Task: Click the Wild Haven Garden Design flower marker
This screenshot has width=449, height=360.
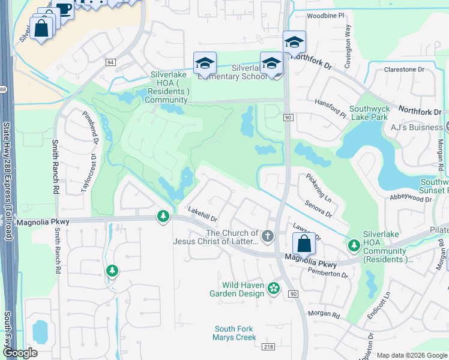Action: [x=274, y=289]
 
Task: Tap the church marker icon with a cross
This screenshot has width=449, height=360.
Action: [x=268, y=236]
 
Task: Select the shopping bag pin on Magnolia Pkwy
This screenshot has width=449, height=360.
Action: [x=304, y=243]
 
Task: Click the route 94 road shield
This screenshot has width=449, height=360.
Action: [x=110, y=62]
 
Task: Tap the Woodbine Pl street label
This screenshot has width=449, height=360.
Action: [x=325, y=14]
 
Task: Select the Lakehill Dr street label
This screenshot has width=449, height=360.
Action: [x=202, y=211]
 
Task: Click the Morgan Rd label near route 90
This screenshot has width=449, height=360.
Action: [x=324, y=314]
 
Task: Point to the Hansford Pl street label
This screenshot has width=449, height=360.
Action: [x=331, y=107]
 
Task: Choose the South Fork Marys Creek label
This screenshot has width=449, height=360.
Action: [x=234, y=333]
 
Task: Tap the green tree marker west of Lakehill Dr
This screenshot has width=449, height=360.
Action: [x=163, y=215]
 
